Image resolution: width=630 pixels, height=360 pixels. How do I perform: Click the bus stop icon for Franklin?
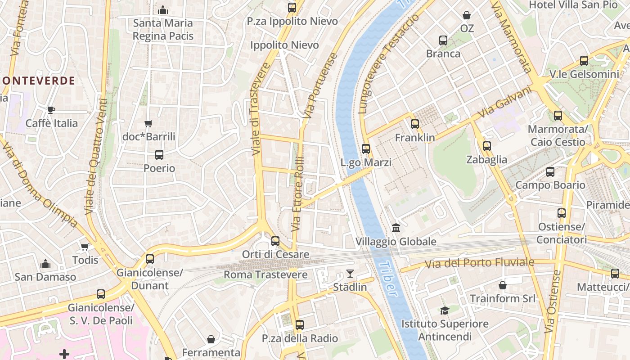[x=414, y=124]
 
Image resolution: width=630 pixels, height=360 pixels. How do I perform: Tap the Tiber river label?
[x=387, y=279]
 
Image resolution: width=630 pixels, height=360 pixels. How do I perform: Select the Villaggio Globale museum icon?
[x=396, y=228]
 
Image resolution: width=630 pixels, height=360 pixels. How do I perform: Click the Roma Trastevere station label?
[x=265, y=274]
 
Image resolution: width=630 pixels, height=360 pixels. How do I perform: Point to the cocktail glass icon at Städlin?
[x=350, y=273]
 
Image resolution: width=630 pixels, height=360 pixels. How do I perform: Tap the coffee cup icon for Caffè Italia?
[x=51, y=110]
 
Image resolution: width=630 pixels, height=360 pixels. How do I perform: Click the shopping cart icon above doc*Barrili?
[x=148, y=123]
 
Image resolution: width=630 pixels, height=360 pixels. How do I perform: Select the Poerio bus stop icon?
[x=159, y=155]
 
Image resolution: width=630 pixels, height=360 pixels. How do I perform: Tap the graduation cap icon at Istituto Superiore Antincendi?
[x=445, y=310]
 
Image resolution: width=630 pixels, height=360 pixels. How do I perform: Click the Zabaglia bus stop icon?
[x=486, y=146]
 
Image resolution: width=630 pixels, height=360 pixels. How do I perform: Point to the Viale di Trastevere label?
[x=261, y=109]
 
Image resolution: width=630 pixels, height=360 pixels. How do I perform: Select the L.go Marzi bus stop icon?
[x=366, y=149]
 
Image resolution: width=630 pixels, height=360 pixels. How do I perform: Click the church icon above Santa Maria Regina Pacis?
[x=163, y=10]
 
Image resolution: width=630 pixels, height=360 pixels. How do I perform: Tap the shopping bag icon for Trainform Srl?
[x=503, y=285]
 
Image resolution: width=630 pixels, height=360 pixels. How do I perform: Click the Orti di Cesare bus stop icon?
[x=275, y=241]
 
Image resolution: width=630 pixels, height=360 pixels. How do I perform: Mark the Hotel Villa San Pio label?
[x=573, y=4]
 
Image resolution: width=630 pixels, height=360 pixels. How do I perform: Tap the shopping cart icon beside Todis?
[x=85, y=247]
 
